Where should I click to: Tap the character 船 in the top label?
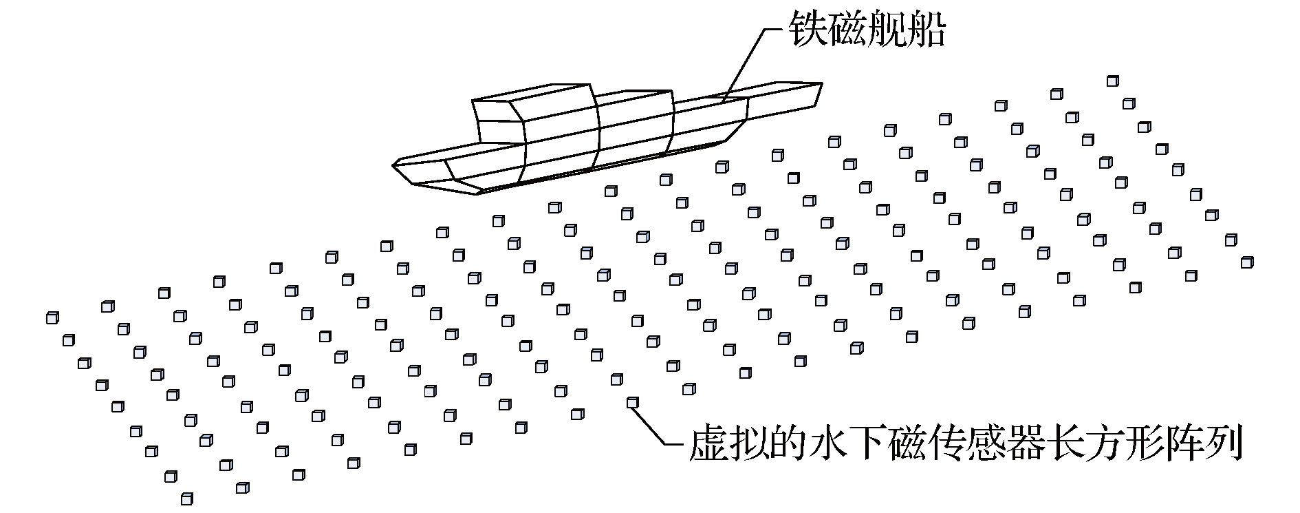(927, 31)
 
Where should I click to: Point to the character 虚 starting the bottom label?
(707, 444)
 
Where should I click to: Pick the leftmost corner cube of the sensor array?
(52, 317)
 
